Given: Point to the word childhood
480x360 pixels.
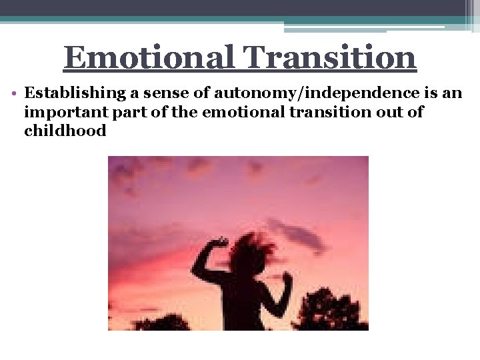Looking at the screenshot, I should pos(65,131).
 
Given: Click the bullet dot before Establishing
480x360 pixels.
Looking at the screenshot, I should pos(15,94).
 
